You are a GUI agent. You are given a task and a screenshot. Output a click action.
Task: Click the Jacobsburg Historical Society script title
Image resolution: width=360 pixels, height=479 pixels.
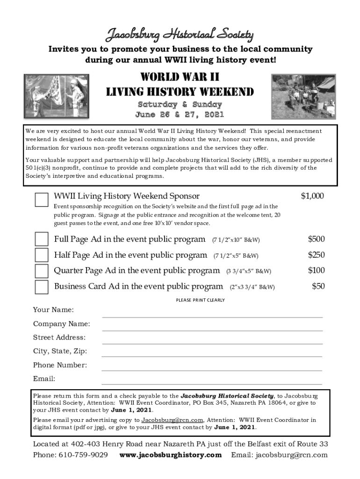(x=180, y=34)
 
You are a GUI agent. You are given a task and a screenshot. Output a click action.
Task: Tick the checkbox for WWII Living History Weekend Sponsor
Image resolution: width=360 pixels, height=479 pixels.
(x=42, y=199)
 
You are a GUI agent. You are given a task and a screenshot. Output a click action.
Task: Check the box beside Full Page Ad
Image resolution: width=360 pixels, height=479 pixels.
(x=42, y=239)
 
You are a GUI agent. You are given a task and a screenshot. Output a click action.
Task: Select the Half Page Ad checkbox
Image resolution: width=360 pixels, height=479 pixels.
(x=42, y=255)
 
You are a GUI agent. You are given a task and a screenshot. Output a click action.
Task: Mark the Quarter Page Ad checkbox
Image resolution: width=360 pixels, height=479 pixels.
(x=42, y=271)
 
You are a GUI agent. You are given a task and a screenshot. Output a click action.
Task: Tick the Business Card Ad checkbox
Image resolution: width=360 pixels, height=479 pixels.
(x=42, y=286)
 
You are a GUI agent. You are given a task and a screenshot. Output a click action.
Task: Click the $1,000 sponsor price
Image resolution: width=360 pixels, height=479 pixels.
(x=312, y=196)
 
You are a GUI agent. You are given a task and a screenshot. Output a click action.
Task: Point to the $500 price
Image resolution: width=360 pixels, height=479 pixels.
(x=316, y=239)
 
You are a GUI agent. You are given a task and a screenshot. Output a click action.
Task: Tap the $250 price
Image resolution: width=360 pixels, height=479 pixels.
(x=316, y=255)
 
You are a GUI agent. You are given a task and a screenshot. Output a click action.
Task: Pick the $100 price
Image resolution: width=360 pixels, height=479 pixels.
(x=316, y=270)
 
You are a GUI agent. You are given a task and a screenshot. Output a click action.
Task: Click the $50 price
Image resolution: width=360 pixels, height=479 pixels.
(x=318, y=286)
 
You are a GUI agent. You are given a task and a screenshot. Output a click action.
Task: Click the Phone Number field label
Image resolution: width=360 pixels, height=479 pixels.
(x=60, y=365)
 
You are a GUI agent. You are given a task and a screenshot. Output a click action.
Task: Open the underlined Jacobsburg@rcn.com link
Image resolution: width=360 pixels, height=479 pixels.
(x=172, y=420)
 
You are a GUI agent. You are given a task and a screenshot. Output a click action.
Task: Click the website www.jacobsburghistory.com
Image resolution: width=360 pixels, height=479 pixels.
(x=171, y=455)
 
